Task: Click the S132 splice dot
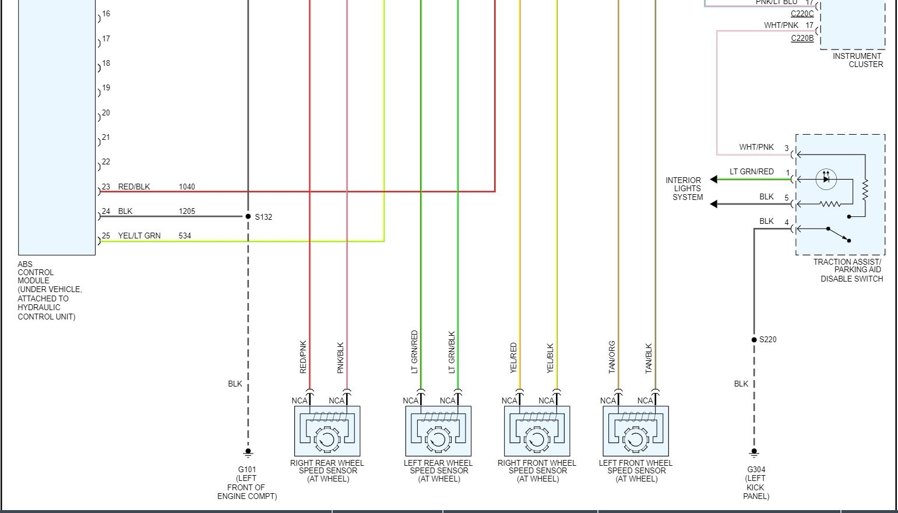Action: (x=248, y=216)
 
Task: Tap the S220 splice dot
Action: (x=754, y=339)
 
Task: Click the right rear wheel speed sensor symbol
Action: (x=327, y=431)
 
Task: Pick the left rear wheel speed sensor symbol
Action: (x=438, y=431)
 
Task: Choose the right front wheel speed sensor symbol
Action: (x=537, y=431)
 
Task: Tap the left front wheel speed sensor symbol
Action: (x=636, y=431)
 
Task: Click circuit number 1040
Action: (x=186, y=187)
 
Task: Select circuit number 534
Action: (x=185, y=236)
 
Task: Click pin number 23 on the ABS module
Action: (x=106, y=187)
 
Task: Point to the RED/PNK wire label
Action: (x=303, y=357)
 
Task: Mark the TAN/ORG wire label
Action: (x=612, y=357)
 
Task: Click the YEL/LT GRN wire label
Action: (x=139, y=236)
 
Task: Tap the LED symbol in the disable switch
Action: (x=826, y=179)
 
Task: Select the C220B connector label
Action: (x=802, y=38)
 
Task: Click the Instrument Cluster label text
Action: (x=857, y=60)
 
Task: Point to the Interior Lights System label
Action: (x=684, y=188)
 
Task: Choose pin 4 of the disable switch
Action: (x=787, y=222)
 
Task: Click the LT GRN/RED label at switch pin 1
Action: (x=752, y=171)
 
